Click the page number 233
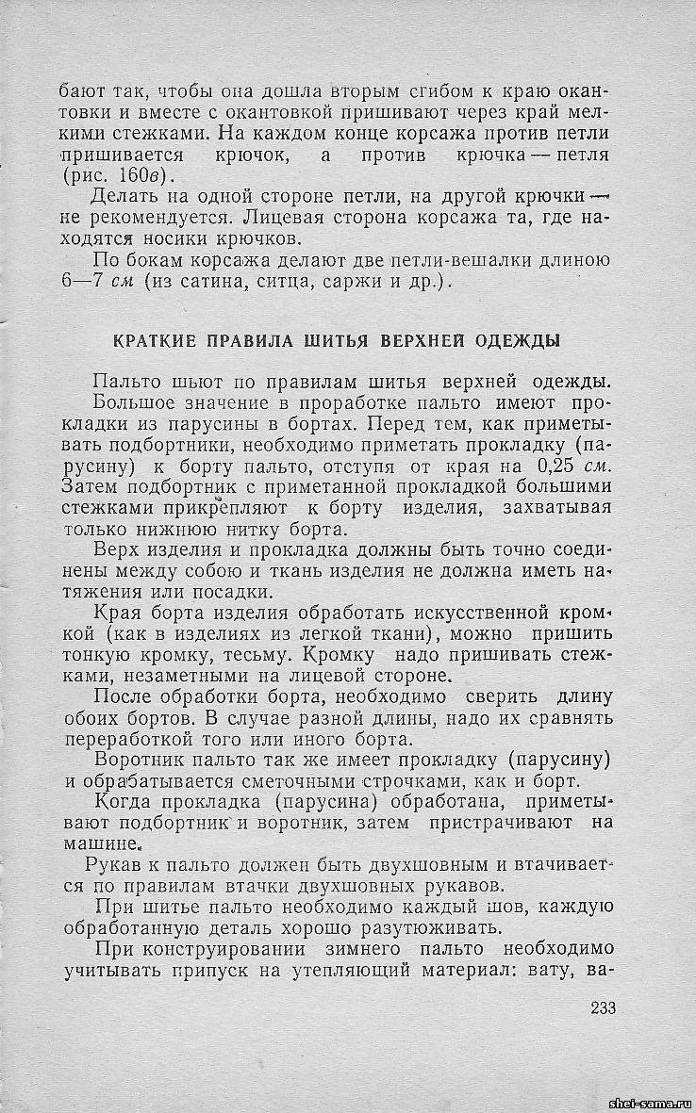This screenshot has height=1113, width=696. coord(603,1007)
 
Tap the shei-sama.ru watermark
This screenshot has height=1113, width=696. coord(651,1102)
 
